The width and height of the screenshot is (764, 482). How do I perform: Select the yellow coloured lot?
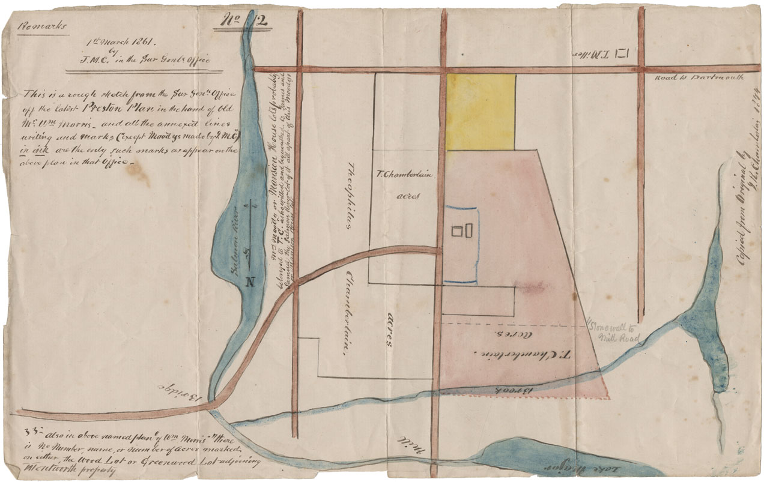pos(481,112)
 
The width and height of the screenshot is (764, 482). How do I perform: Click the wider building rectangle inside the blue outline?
pos(458,230)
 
